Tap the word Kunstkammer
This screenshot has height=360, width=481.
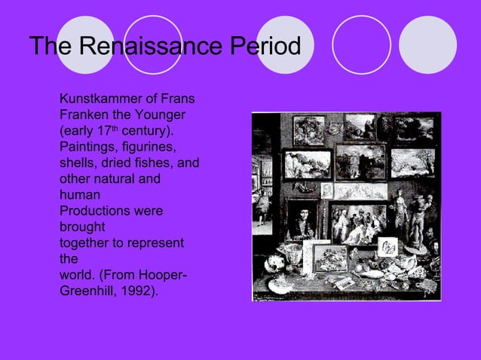(x=97, y=98)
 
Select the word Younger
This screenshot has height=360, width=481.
(x=159, y=114)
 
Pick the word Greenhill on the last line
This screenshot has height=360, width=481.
(x=90, y=290)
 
